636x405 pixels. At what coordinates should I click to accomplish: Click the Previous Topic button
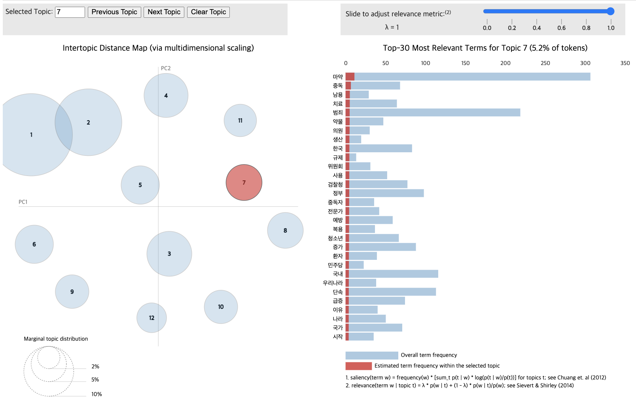[x=114, y=12]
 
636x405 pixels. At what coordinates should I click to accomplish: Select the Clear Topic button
[x=208, y=12]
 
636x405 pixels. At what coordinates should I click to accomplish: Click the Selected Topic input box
[x=70, y=12]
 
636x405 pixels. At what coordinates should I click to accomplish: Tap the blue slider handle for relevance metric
[x=610, y=11]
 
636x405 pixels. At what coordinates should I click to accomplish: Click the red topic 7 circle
[x=244, y=182]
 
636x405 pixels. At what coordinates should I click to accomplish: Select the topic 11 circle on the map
[x=240, y=120]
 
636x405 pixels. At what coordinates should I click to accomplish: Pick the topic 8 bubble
[x=285, y=230]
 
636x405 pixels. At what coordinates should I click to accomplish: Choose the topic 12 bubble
[x=151, y=318]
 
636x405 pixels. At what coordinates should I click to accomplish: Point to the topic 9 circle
[x=72, y=291]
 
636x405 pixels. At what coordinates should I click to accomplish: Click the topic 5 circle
[x=140, y=185]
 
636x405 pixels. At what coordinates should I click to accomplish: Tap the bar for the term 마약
[x=468, y=76]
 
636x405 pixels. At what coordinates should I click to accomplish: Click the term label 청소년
[x=335, y=238]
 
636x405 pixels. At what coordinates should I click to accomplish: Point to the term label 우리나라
[x=333, y=283]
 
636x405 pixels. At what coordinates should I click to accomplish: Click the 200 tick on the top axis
[x=505, y=63]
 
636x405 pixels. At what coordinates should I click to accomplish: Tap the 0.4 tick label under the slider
[x=537, y=28]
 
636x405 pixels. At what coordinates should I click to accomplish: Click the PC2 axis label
[x=166, y=68]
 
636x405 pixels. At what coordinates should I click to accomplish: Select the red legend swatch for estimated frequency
[x=359, y=366]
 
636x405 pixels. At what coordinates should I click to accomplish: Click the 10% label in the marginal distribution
[x=97, y=394]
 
